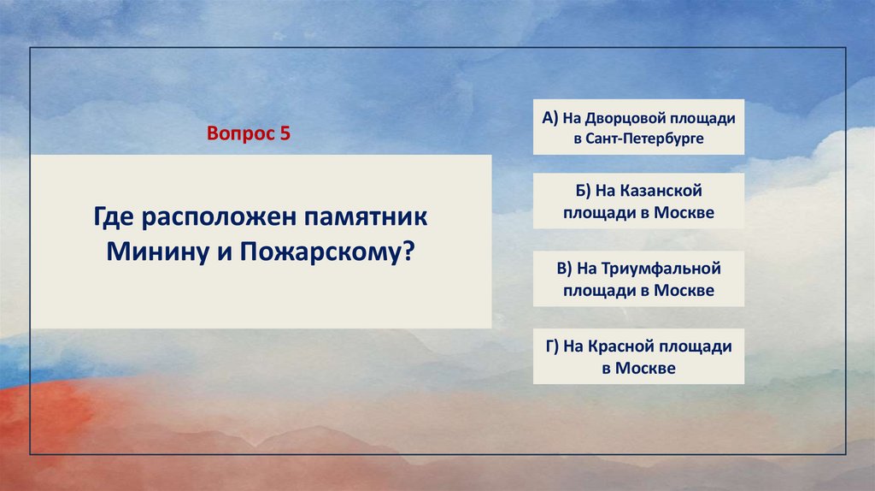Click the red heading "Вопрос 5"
249,133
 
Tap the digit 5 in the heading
285,133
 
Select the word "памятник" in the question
366,216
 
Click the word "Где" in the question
114,217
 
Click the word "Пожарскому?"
328,252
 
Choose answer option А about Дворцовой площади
638,127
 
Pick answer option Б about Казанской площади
638,201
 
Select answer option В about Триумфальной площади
638,279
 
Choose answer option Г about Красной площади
638,357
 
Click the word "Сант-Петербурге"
644,139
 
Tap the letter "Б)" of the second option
583,191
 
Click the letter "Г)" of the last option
552,346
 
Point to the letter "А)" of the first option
549,118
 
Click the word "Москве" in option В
684,291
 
